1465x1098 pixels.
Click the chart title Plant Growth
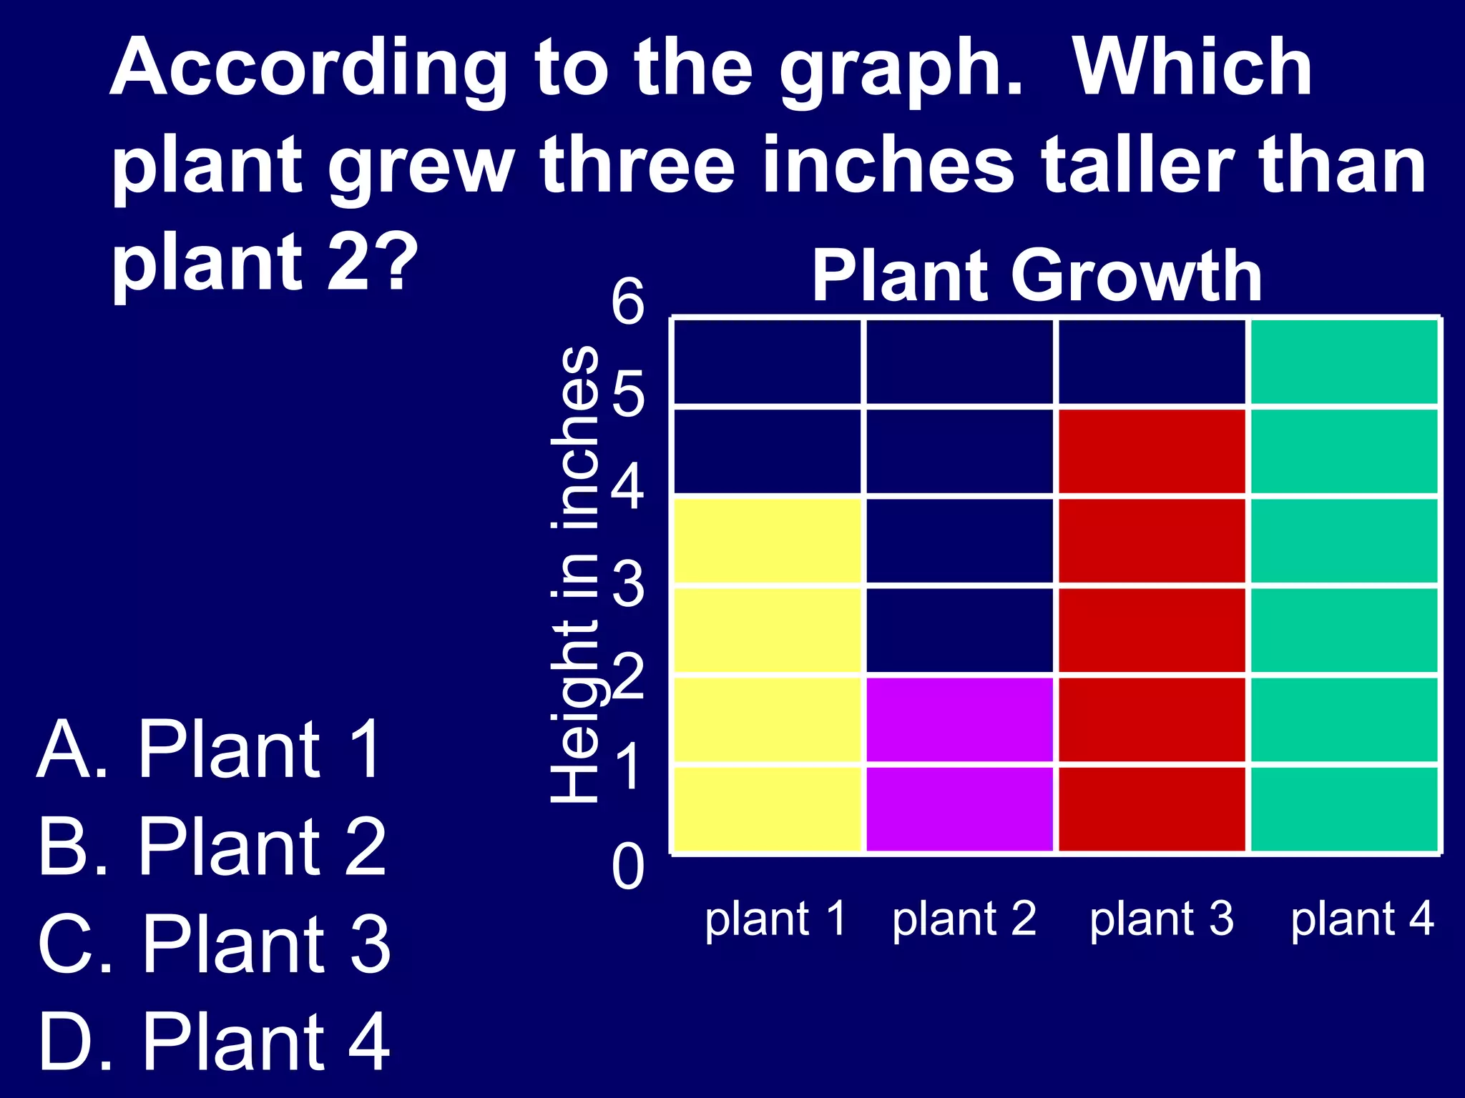(x=1037, y=276)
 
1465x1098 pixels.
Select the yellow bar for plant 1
(x=768, y=676)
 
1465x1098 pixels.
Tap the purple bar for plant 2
(x=959, y=765)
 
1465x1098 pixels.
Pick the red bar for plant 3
(x=1152, y=630)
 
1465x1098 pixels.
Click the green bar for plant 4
(x=1344, y=586)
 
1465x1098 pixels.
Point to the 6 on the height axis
(x=628, y=301)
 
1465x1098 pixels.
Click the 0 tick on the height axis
(x=628, y=867)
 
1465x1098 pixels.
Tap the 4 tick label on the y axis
(x=628, y=487)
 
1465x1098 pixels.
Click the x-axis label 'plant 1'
(x=775, y=919)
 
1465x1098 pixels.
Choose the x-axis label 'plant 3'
(x=1162, y=919)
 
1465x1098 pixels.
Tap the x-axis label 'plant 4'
(x=1362, y=919)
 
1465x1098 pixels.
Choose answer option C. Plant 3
(x=214, y=944)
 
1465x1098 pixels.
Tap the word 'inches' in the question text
(x=888, y=166)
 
